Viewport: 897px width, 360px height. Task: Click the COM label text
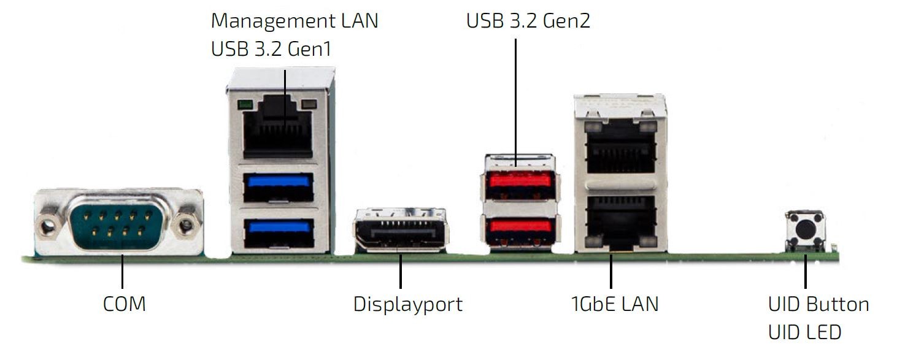(x=124, y=304)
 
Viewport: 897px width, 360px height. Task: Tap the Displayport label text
(x=408, y=304)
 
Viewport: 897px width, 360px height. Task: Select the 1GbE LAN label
(x=614, y=304)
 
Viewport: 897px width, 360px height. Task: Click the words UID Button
(x=818, y=304)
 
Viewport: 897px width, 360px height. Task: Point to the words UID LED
(x=804, y=332)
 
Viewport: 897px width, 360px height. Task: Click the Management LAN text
(x=295, y=20)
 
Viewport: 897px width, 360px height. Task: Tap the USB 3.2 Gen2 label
(x=528, y=21)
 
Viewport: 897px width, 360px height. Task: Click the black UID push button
(x=806, y=230)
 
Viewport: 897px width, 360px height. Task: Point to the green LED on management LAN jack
(x=246, y=105)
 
